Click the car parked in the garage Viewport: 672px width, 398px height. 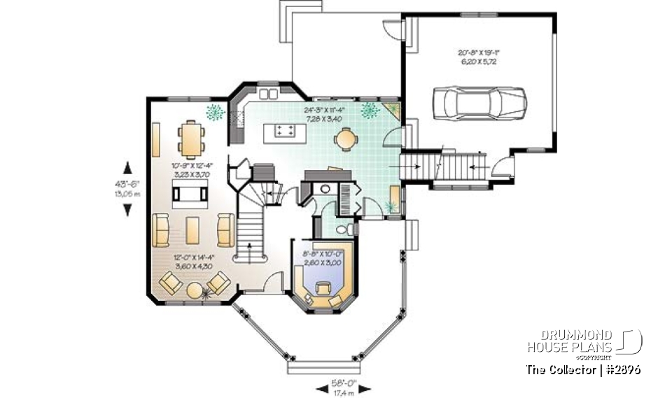coord(479,104)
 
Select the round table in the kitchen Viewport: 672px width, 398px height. coord(344,139)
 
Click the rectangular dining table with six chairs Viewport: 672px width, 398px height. coord(190,136)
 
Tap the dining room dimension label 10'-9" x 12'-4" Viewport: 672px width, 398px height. coord(190,170)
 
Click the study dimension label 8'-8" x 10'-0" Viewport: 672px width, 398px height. coord(322,259)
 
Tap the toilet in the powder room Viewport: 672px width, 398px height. coord(342,229)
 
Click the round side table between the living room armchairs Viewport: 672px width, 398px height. coord(194,287)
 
